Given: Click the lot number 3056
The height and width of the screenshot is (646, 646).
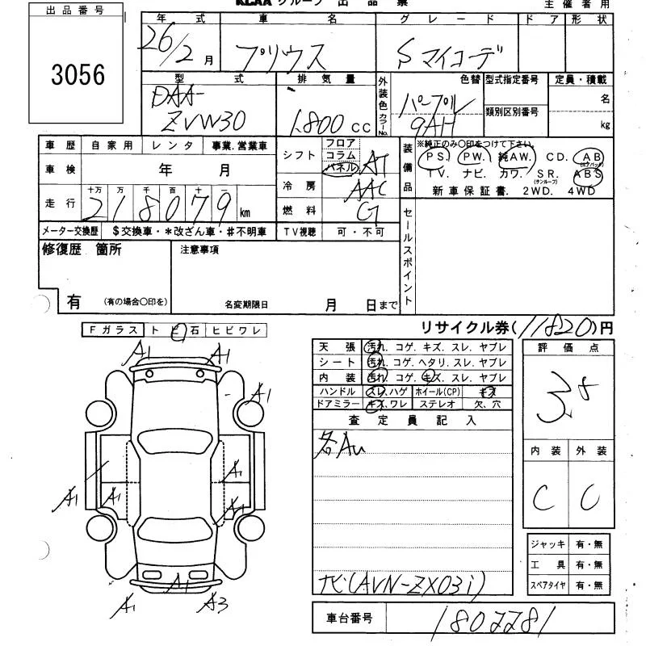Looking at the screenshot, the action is (x=78, y=74).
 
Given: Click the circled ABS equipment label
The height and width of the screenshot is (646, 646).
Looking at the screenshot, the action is (x=586, y=173).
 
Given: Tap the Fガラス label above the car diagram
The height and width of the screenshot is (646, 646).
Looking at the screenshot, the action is (x=112, y=329).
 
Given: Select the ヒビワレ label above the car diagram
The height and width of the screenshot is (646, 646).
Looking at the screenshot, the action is (x=235, y=329).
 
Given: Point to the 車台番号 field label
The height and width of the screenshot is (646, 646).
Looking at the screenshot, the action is (x=350, y=619).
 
